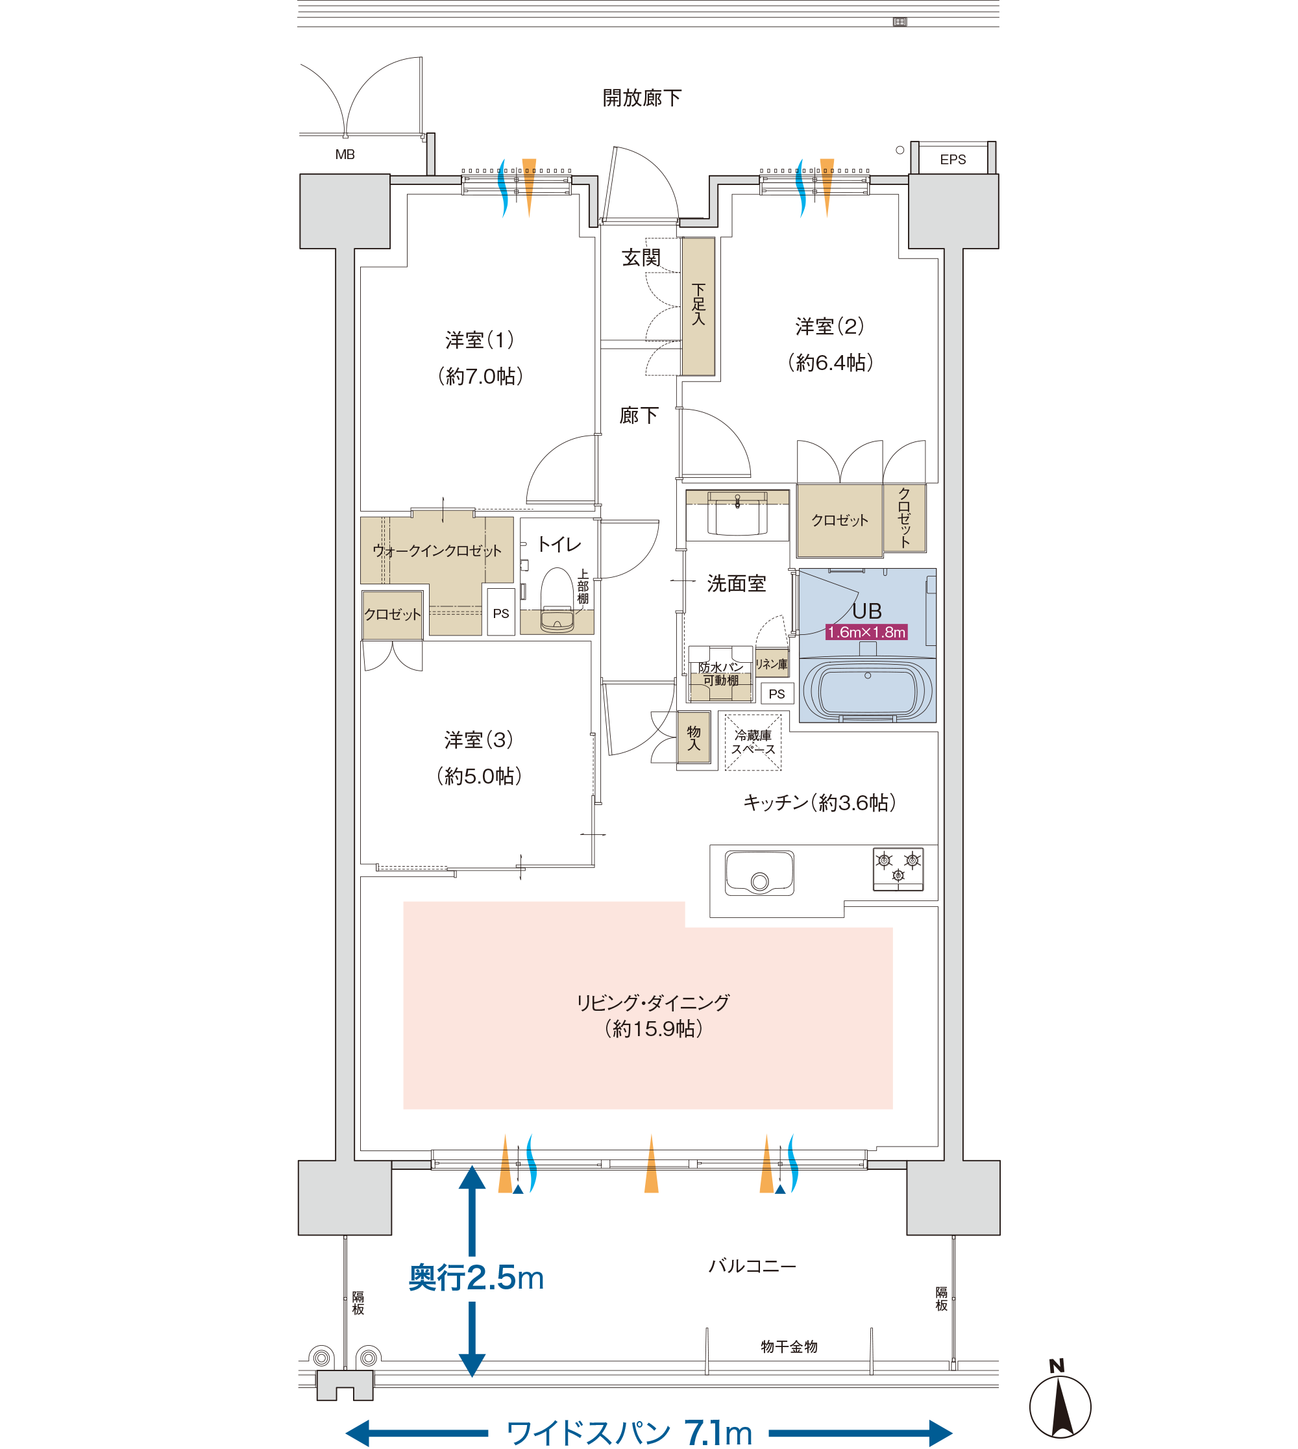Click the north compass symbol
pyautogui.click(x=1060, y=1401)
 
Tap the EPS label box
pyautogui.click(x=953, y=158)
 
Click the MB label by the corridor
pyautogui.click(x=345, y=154)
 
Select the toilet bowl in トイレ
pyautogui.click(x=557, y=600)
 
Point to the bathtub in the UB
pyautogui.click(x=867, y=689)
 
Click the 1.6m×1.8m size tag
pyautogui.click(x=866, y=632)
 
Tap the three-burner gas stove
pyautogui.click(x=898, y=869)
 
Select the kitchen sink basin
pyautogui.click(x=759, y=873)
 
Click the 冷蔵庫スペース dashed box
pyautogui.click(x=752, y=742)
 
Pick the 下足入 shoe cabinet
pyautogui.click(x=698, y=306)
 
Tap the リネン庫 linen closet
pyautogui.click(x=772, y=663)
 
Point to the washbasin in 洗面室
pyautogui.click(x=737, y=513)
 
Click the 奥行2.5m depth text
pyautogui.click(x=476, y=1278)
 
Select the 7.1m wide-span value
pyautogui.click(x=718, y=1432)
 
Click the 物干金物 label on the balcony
pyautogui.click(x=789, y=1346)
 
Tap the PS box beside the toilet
pyautogui.click(x=500, y=612)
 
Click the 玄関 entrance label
pyautogui.click(x=641, y=258)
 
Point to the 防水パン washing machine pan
pyautogui.click(x=720, y=673)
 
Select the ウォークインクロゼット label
pyautogui.click(x=437, y=550)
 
